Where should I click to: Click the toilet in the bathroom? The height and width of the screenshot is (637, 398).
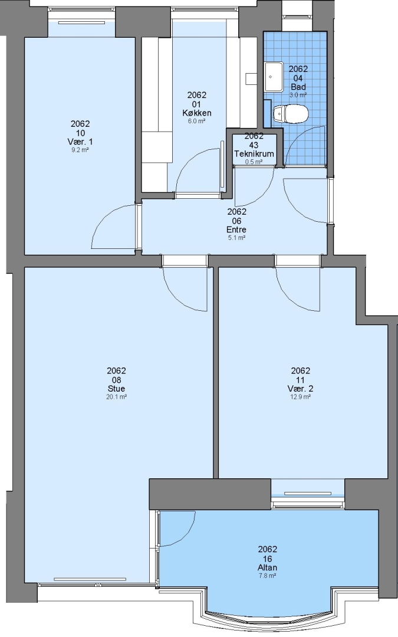pyautogui.click(x=290, y=114)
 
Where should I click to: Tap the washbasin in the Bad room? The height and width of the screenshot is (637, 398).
pyautogui.click(x=274, y=77)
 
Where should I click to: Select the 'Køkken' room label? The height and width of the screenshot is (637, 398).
pyautogui.click(x=196, y=113)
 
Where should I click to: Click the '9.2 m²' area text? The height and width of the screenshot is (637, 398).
pyautogui.click(x=80, y=150)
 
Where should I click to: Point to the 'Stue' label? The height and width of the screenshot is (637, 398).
pyautogui.click(x=116, y=389)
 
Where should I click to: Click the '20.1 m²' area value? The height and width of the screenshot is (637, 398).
pyautogui.click(x=116, y=397)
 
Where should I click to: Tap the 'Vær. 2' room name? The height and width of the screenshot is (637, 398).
pyautogui.click(x=300, y=389)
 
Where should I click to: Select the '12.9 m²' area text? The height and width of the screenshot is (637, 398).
pyautogui.click(x=301, y=397)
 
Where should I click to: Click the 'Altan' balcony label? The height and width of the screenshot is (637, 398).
pyautogui.click(x=267, y=567)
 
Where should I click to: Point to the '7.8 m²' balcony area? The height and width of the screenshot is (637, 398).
pyautogui.click(x=267, y=576)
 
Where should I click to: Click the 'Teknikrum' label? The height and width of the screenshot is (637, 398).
pyautogui.click(x=254, y=154)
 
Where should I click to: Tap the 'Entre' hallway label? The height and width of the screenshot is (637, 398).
pyautogui.click(x=236, y=229)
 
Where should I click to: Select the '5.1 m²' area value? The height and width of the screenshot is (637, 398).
pyautogui.click(x=236, y=238)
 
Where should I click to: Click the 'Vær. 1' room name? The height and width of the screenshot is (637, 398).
pyautogui.click(x=80, y=142)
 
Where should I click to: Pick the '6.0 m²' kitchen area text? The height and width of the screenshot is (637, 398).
pyautogui.click(x=196, y=121)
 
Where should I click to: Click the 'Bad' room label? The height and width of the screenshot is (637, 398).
pyautogui.click(x=298, y=87)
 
